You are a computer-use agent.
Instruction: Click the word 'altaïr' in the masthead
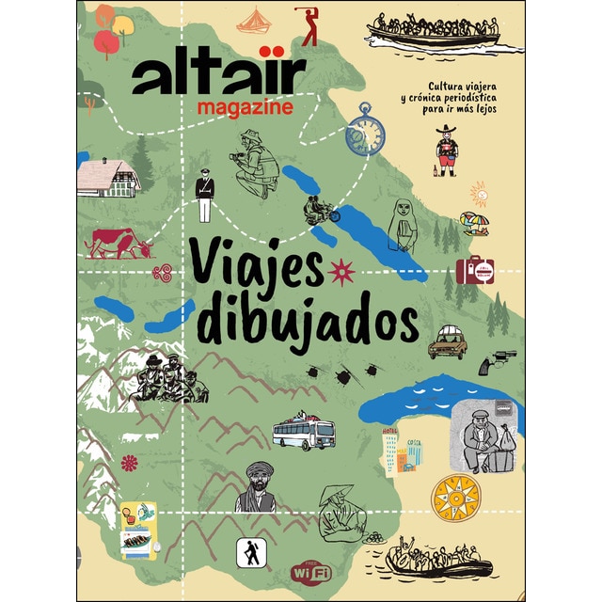[219, 74]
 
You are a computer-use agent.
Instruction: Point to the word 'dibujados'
[306, 321]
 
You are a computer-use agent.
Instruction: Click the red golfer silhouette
[309, 26]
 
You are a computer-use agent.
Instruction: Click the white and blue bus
[303, 433]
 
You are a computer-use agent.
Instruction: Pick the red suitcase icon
[474, 270]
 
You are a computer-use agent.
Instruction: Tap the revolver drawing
[497, 362]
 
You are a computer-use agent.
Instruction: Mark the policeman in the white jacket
[205, 195]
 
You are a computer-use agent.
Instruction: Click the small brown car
[448, 345]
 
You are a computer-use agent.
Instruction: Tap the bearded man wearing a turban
[256, 486]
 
